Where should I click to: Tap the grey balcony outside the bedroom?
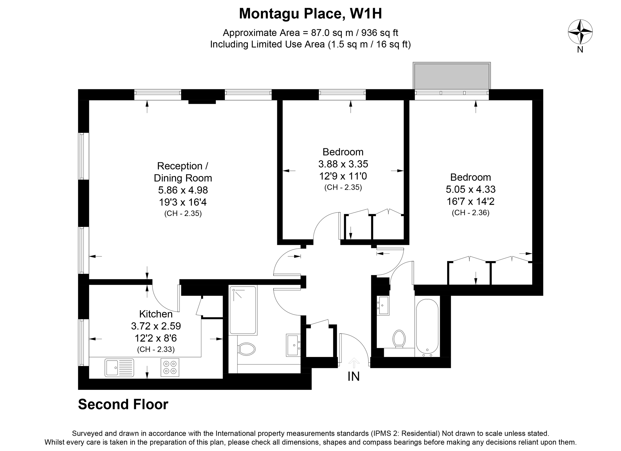[452, 76]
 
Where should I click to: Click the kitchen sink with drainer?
[119, 367]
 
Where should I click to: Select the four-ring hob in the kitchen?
[170, 367]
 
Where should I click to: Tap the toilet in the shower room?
[246, 349]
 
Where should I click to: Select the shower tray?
[243, 310]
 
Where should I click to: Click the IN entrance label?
[353, 377]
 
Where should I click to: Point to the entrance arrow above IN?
[354, 363]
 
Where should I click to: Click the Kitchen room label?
[156, 314]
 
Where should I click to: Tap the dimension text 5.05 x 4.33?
[470, 189]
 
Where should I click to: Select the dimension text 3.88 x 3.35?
[343, 164]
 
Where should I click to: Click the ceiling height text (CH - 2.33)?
[156, 349]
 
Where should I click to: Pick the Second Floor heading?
[123, 404]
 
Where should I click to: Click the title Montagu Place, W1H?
[310, 13]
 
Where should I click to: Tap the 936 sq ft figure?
[380, 33]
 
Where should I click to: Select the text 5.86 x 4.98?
[183, 190]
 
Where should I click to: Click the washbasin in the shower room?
[293, 345]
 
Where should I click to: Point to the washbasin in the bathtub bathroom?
[383, 305]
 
